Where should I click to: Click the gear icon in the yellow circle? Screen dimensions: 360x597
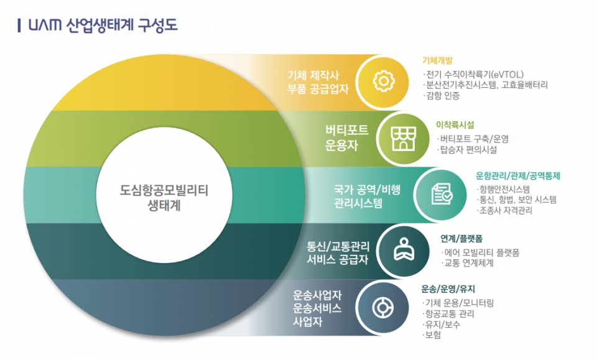(x=384, y=81)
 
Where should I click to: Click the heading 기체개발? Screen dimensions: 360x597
(x=437, y=61)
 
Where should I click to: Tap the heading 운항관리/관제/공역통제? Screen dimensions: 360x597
(x=518, y=176)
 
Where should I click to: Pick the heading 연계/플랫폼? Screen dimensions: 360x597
(x=462, y=238)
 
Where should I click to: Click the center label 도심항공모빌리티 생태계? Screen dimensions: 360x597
(x=164, y=198)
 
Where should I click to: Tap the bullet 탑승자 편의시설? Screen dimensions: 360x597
(x=468, y=150)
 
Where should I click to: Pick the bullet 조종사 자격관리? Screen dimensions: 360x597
(x=505, y=211)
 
